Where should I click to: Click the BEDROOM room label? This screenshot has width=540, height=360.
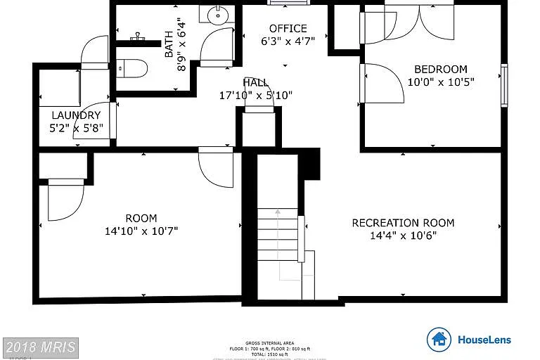pos(440,69)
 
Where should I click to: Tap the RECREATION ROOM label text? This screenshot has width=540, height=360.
pos(403,223)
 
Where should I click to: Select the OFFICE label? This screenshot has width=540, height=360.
pos(288,29)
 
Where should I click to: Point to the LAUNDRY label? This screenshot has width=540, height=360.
pos(76,115)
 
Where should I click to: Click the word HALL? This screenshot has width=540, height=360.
pos(255,82)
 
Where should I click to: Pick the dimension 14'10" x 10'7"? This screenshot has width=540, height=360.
pos(141,230)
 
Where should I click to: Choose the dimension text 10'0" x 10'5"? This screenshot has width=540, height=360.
pos(441,82)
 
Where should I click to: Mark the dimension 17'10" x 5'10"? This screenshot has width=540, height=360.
pos(255,95)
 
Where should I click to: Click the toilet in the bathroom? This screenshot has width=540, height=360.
pos(133,68)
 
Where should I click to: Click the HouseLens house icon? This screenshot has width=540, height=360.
pos(439,340)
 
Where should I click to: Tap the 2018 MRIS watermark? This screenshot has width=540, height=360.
pos(40,347)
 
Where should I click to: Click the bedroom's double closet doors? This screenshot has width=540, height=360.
pos(420,20)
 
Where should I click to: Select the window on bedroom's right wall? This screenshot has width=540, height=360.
pos(503,85)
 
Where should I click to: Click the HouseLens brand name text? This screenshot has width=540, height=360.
pos(484,340)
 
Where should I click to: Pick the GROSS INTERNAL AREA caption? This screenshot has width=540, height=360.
pos(270,343)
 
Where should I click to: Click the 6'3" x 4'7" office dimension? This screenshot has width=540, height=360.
pos(288,41)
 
